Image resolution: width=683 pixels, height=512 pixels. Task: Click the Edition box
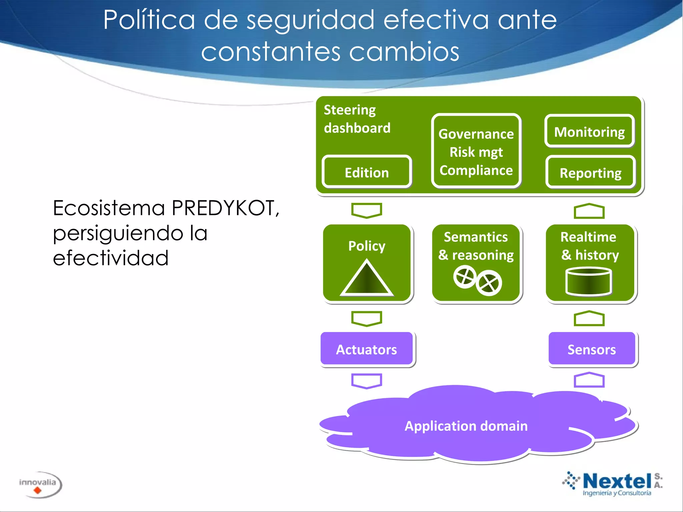point(367,172)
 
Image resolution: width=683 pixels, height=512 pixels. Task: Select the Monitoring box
point(589,131)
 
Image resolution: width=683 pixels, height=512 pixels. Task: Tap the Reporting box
point(590,173)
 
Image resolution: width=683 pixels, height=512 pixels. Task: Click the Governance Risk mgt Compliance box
point(476,151)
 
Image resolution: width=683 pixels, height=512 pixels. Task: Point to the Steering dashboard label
point(357,119)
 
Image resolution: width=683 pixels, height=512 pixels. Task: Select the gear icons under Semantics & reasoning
point(477,280)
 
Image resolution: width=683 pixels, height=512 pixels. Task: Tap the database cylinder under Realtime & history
point(589,282)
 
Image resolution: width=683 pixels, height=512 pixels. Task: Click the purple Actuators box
point(367,349)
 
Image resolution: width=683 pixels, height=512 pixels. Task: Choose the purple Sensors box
point(592,349)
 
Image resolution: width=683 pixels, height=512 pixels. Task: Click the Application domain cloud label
point(466,426)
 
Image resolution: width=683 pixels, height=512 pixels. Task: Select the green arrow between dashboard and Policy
point(367,210)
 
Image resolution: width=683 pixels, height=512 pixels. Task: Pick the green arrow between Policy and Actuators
point(367,318)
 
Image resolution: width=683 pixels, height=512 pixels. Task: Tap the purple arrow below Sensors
point(589,380)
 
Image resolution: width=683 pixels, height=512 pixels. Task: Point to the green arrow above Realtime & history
point(589,211)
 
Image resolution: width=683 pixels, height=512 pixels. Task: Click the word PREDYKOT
point(225,208)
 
